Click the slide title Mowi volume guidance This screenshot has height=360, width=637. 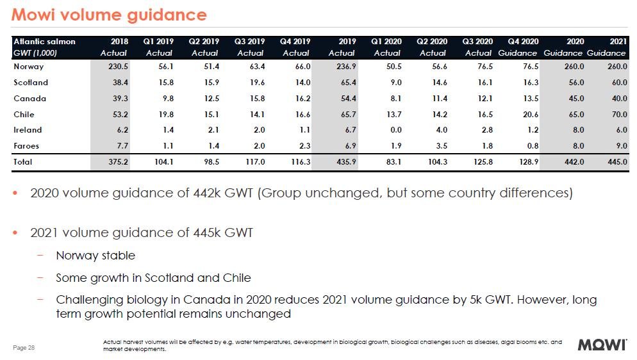tap(109, 15)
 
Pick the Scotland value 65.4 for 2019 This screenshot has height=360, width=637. tap(347, 83)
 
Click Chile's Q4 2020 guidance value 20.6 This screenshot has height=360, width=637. tap(530, 115)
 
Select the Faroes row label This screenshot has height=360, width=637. tap(26, 147)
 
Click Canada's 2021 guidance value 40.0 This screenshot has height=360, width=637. tap(617, 99)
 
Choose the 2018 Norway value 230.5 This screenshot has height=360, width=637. tap(118, 66)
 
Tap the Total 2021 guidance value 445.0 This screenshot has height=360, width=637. tap(616, 163)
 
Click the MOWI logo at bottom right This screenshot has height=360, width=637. tap(602, 345)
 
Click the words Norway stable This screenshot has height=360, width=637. tap(95, 256)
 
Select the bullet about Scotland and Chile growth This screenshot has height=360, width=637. tap(153, 278)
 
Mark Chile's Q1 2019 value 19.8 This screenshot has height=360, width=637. tap(163, 115)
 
